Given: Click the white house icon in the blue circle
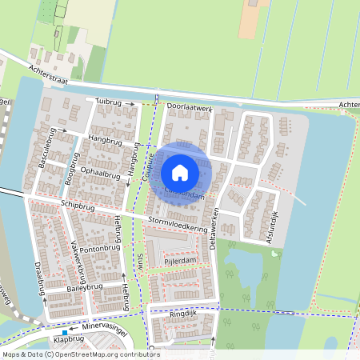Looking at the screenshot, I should click(x=180, y=172).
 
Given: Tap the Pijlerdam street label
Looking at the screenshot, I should click(x=179, y=261).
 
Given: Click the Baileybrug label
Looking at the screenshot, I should click(x=85, y=286).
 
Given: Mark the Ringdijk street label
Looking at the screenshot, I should click(x=182, y=315).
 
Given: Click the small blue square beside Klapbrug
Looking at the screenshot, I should click(x=63, y=333).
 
